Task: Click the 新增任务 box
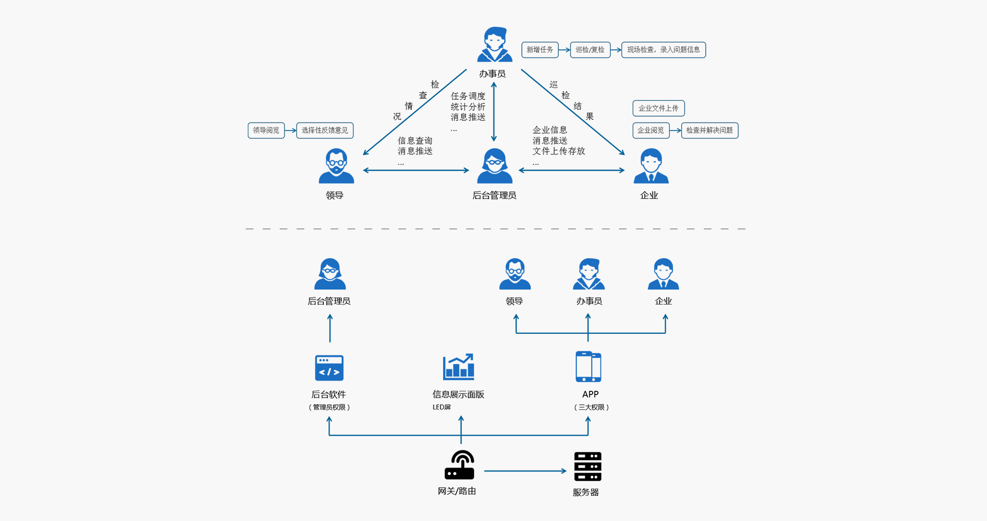pos(540,50)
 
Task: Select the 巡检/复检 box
pos(590,50)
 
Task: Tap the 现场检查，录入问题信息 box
pos(663,50)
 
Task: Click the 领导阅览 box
pos(266,131)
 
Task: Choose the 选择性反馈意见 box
pos(325,131)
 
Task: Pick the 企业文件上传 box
pos(658,109)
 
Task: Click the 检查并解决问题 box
pos(709,131)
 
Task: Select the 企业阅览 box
pos(651,131)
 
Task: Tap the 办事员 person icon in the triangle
pos(495,45)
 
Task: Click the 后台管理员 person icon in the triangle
pos(495,166)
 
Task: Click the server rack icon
pos(588,466)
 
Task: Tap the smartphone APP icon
pos(588,367)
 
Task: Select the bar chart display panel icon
pos(459,367)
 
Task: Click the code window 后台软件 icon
pos(329,368)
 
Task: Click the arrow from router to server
pos(524,471)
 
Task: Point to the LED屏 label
pos(442,407)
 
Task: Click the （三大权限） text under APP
pos(591,407)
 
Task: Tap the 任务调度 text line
pos(468,96)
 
